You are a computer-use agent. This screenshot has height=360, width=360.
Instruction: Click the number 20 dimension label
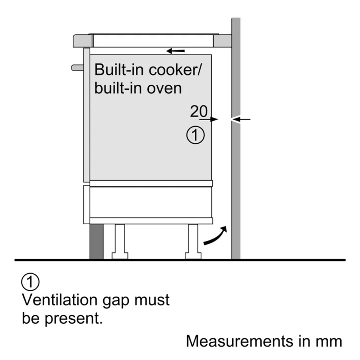199,111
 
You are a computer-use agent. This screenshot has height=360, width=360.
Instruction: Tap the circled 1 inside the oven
195,135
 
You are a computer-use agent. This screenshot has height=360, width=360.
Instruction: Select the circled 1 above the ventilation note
30,282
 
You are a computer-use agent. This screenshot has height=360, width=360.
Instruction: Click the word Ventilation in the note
60,300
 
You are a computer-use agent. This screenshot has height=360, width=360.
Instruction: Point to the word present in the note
73,319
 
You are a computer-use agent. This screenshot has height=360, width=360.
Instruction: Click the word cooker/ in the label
175,69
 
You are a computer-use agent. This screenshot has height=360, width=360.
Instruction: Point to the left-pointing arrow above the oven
175,51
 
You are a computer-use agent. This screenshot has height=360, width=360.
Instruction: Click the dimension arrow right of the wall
241,119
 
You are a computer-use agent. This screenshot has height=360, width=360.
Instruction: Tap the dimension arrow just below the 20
208,119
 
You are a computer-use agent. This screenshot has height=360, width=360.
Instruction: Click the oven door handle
77,68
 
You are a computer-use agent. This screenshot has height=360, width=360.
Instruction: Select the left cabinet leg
120,241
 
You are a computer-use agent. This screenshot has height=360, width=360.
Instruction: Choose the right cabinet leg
193,241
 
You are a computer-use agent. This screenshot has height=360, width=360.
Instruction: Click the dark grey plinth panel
96,242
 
